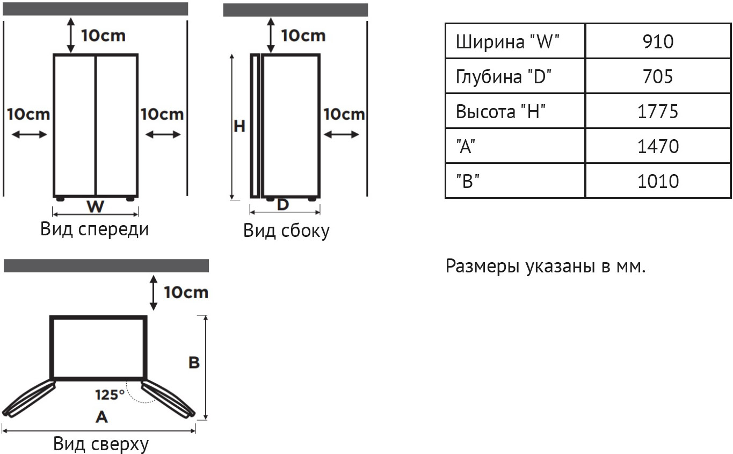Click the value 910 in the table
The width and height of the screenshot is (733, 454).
pos(658,41)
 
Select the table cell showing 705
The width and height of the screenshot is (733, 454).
pos(658,77)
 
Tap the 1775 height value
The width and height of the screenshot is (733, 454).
pos(658,112)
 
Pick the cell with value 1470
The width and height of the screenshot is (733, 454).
pos(658,146)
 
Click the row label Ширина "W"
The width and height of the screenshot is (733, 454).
pos(507,42)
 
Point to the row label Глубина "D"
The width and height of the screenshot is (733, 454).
pos(504,77)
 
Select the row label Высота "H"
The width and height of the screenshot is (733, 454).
pos(500,112)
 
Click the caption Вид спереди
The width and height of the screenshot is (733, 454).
pos(95,229)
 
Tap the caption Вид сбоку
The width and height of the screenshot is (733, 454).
pos(286,230)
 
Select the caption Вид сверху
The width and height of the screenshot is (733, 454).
pos(101,444)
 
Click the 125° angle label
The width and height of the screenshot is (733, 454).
pos(110,395)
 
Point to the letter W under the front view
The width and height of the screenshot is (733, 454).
pos(95,206)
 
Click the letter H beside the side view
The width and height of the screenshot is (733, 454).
pos(240,126)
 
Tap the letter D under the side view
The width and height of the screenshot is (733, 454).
pos(282,205)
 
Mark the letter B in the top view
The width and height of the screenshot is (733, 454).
pos(194,363)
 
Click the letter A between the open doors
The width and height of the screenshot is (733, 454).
pos(101,417)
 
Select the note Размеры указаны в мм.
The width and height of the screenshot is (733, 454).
pos(546,266)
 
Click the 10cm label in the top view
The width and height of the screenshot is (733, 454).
pos(186,292)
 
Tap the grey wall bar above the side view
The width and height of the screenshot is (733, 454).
pos(295,10)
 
